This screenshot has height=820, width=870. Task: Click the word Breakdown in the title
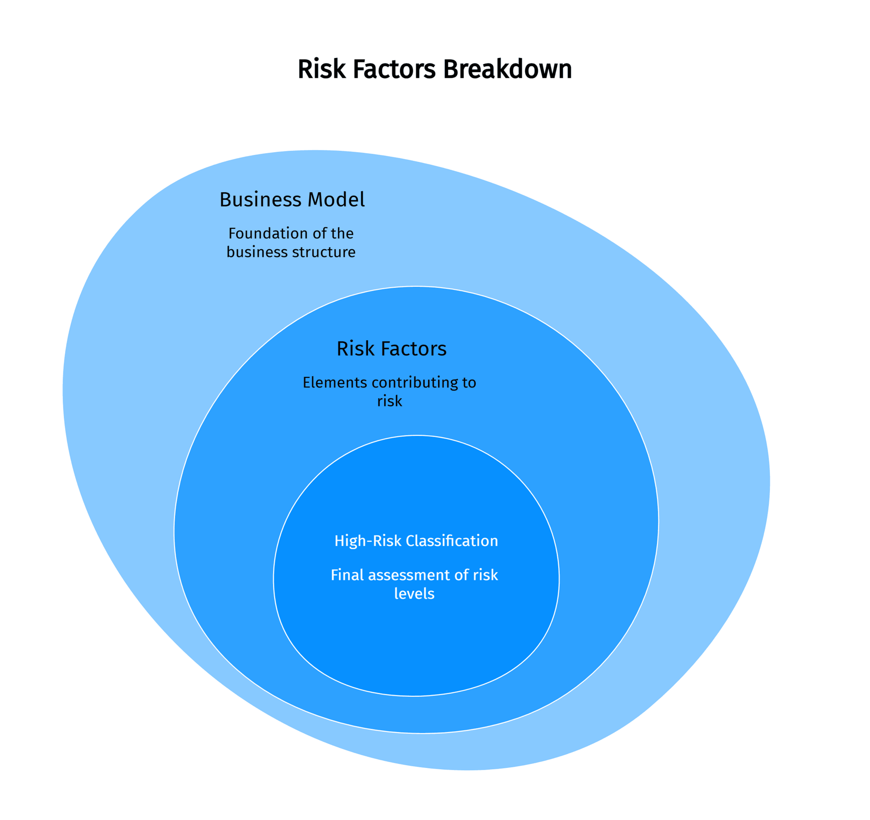tap(507, 69)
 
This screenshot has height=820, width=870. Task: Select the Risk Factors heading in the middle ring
tap(391, 349)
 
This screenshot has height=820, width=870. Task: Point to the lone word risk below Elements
tap(389, 401)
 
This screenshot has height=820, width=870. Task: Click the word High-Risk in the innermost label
tap(367, 541)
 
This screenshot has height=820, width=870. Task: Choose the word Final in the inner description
tap(347, 575)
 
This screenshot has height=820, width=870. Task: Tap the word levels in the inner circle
tap(414, 593)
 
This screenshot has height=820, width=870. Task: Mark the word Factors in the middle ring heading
tap(413, 349)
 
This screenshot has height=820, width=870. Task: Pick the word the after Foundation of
tap(342, 233)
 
